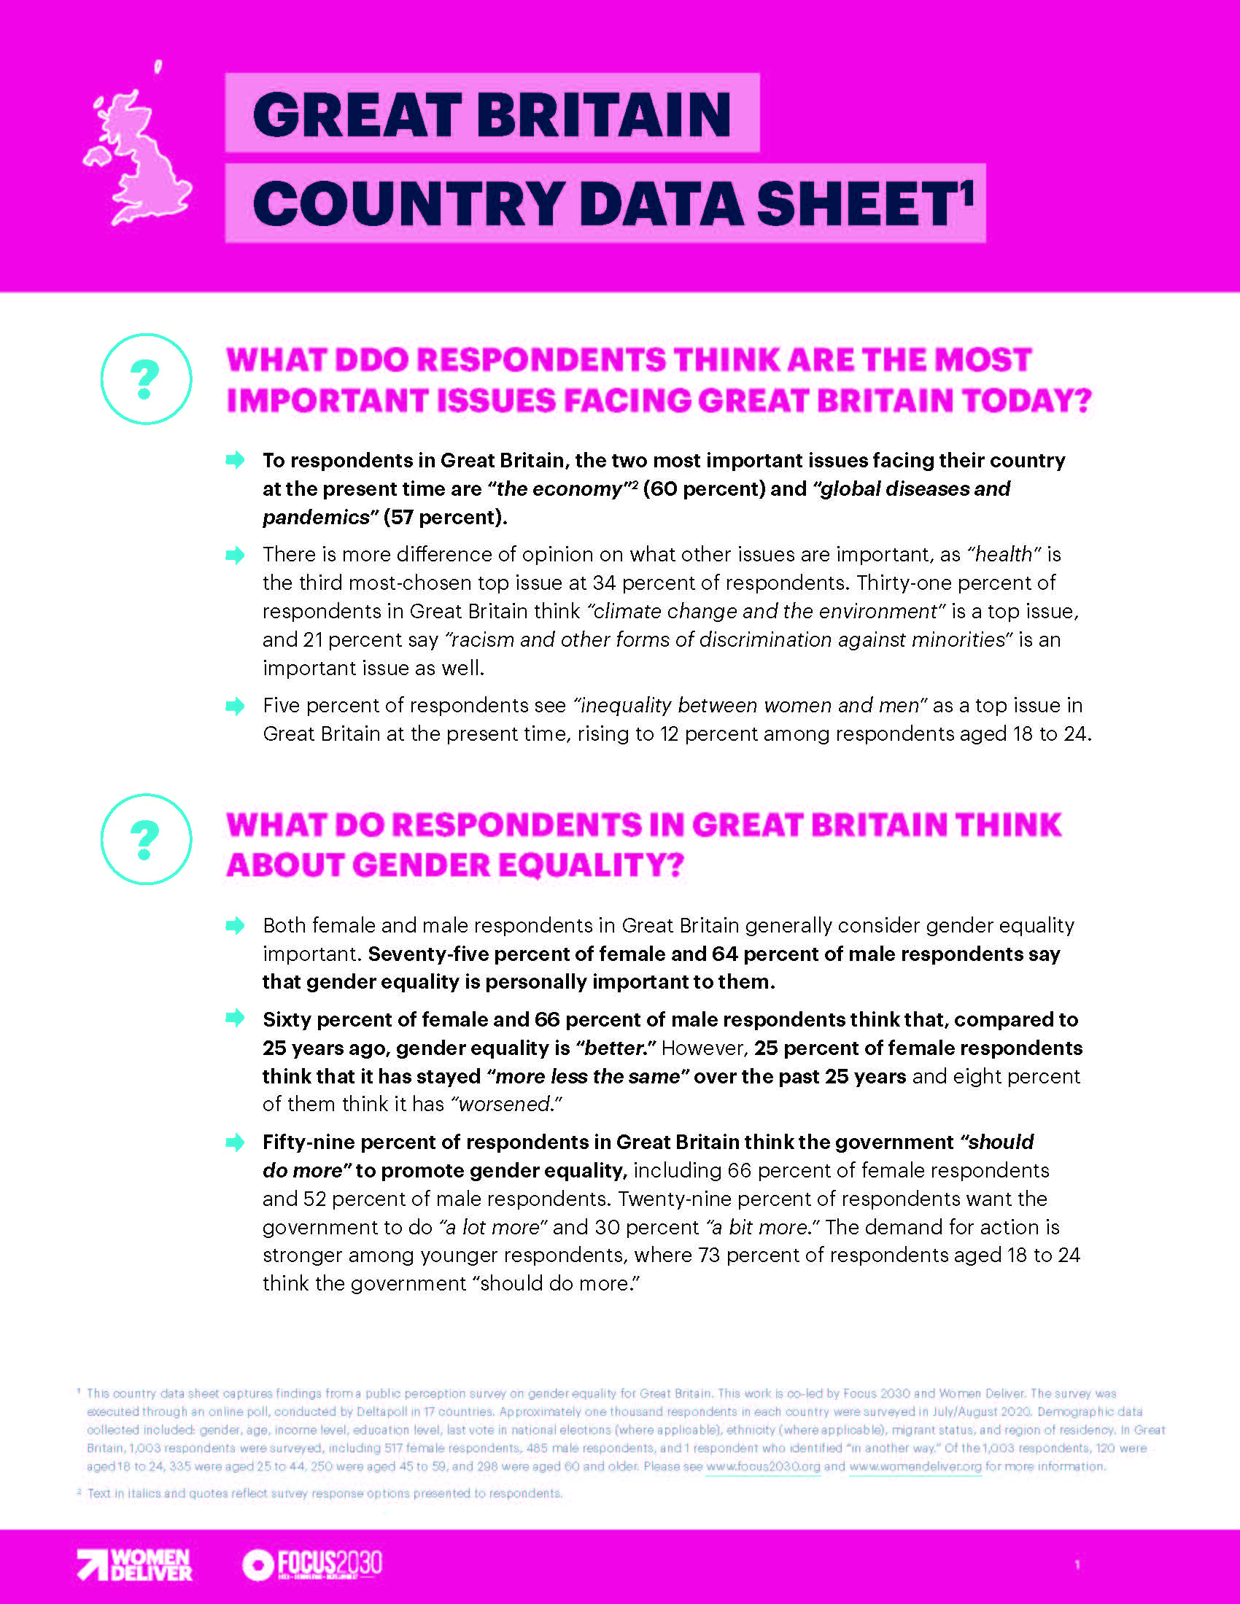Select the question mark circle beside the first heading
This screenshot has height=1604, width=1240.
(145, 379)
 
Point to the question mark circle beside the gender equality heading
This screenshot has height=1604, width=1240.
(145, 838)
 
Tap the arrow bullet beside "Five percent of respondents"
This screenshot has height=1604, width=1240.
(235, 706)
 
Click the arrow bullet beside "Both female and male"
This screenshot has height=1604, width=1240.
(235, 925)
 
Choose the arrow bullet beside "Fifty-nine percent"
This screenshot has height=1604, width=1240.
(235, 1142)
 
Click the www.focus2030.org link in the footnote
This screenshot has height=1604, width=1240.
(762, 1467)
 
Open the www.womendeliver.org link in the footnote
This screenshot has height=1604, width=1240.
(915, 1467)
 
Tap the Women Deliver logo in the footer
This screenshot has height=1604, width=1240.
(134, 1565)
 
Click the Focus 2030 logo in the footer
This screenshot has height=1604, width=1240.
(312, 1565)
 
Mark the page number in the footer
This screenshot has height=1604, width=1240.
(1077, 1565)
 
